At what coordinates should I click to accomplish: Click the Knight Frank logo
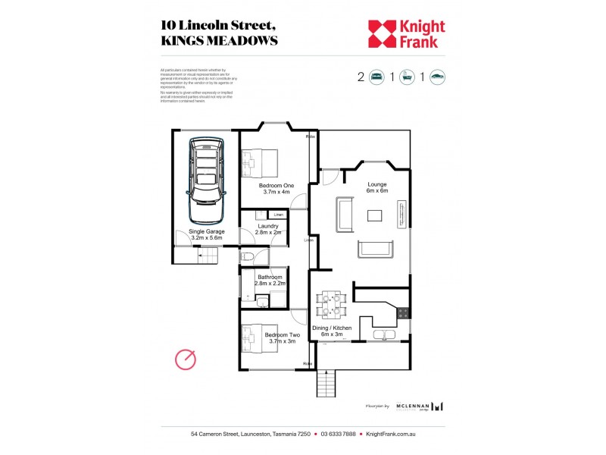[406, 33]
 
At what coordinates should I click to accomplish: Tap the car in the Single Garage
[207, 170]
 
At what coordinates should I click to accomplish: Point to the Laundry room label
[268, 229]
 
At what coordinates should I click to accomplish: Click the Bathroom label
[270, 281]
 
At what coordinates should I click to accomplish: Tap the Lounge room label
[377, 187]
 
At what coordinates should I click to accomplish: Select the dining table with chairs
[330, 303]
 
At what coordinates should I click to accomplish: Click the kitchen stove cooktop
[403, 312]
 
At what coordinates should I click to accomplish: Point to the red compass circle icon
[186, 359]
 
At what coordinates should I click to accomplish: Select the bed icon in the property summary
[376, 77]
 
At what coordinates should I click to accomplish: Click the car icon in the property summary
[438, 77]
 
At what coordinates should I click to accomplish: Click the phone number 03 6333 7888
[338, 435]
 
